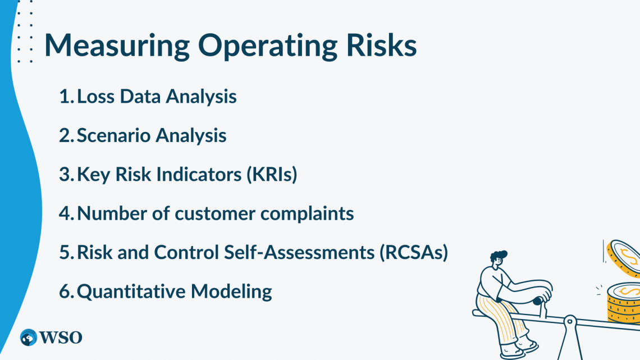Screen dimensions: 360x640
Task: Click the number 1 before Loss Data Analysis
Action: [x=63, y=97]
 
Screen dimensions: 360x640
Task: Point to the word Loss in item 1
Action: [x=94, y=97]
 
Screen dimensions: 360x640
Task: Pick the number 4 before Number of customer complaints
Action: [x=64, y=213]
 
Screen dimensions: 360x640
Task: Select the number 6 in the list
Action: [x=64, y=291]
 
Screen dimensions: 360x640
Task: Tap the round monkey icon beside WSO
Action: [x=28, y=338]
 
